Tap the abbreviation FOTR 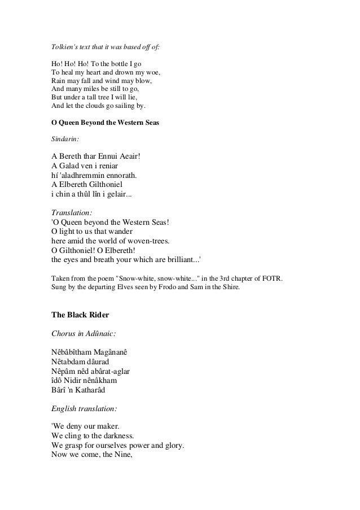click(x=273, y=278)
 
